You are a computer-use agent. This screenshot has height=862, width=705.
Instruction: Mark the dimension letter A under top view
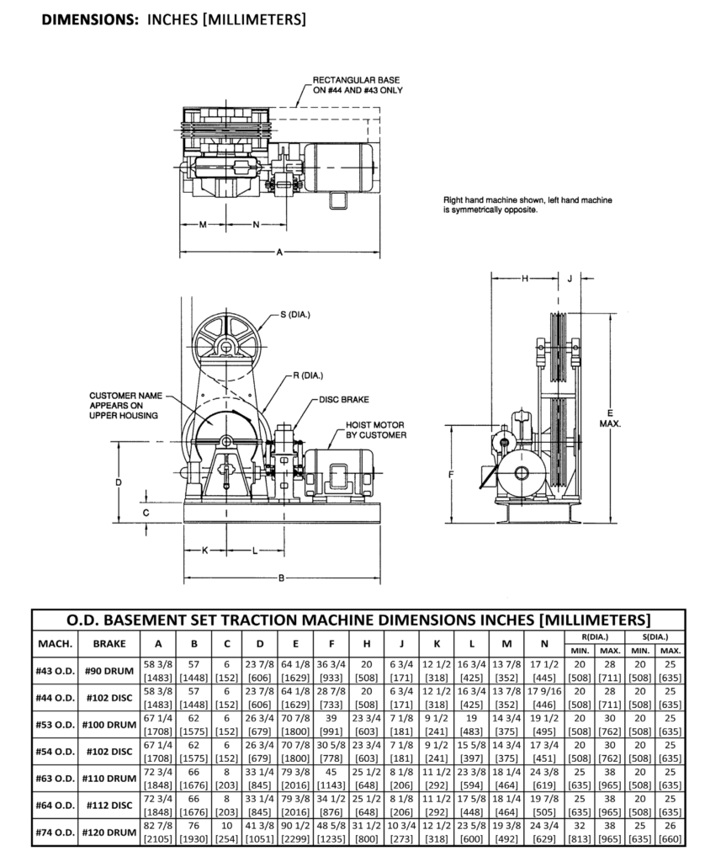(280, 253)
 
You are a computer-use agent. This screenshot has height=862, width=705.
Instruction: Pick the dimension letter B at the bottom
(280, 578)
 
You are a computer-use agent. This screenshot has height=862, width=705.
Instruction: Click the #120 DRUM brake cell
(109, 833)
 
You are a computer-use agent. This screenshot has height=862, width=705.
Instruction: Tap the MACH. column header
(56, 644)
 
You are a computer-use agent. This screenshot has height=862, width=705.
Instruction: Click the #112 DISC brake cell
(109, 806)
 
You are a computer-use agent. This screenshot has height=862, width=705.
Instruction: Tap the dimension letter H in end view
(523, 279)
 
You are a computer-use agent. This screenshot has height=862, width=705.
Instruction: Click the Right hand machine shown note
(527, 205)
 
